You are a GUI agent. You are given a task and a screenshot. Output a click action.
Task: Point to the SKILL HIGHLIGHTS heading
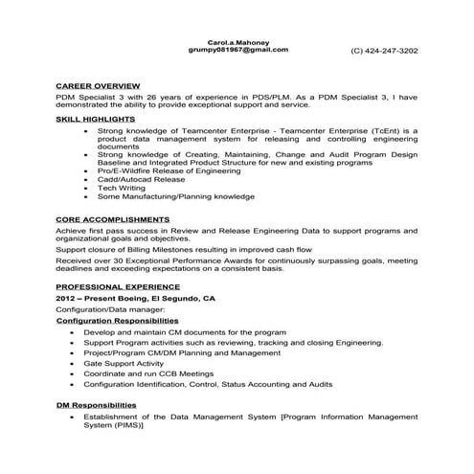pos(95,119)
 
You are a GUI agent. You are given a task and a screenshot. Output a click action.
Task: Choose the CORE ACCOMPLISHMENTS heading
pos(113,220)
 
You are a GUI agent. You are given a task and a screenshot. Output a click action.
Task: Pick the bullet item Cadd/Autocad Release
pos(140,178)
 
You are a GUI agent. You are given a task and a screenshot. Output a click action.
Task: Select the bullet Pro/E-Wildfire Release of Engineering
pos(168,168)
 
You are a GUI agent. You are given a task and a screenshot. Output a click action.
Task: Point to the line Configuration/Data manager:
pos(110,309)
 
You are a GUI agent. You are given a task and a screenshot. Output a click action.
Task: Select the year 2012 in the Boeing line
pos(66,299)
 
